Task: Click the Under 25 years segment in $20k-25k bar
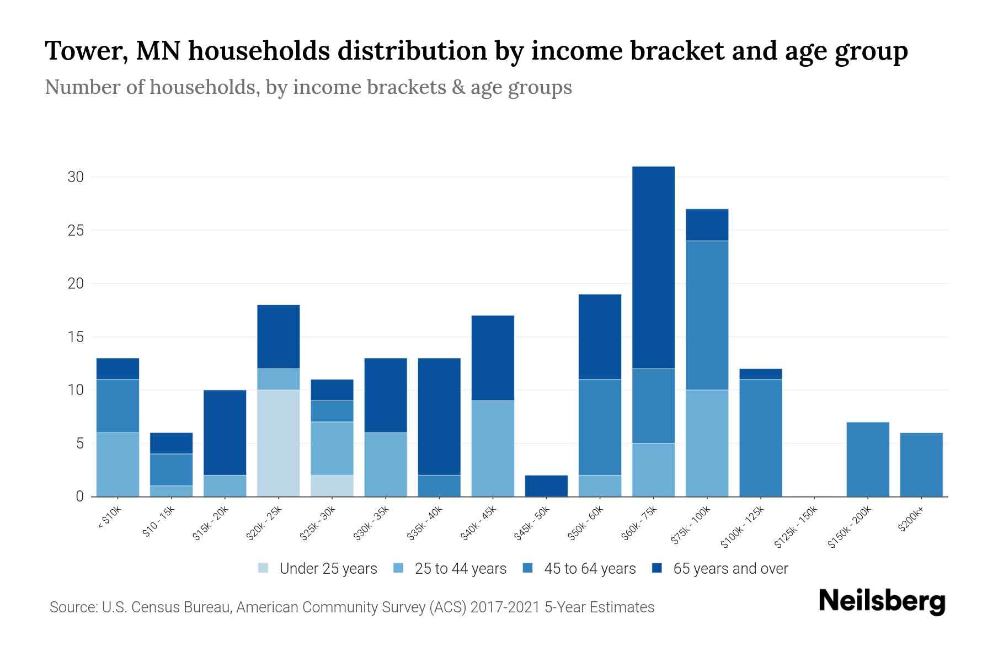tap(279, 443)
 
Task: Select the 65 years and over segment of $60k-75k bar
tap(653, 267)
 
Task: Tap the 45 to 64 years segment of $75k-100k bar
tap(707, 315)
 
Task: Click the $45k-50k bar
tap(546, 485)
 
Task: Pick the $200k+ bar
tap(921, 465)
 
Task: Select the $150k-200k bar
tap(867, 459)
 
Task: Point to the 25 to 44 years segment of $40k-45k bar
tap(493, 448)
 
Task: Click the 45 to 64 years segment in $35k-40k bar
tap(439, 485)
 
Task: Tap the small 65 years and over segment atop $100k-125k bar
tap(760, 374)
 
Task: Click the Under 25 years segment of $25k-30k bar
tap(332, 485)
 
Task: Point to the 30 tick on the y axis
tap(76, 177)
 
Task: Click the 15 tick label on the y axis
tap(76, 337)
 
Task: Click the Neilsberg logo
tap(882, 601)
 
